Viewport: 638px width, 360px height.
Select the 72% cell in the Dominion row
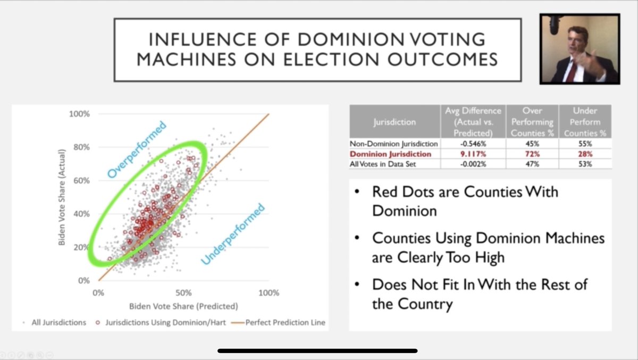[532, 154]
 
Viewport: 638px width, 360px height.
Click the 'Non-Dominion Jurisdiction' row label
[394, 144]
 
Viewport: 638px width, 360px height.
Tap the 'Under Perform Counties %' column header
[585, 122]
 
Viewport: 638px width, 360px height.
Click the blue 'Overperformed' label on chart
[137, 149]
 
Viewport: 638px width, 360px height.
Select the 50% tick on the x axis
[183, 293]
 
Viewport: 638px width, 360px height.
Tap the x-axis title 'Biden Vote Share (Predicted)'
[183, 306]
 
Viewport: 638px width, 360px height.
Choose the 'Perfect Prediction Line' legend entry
[285, 322]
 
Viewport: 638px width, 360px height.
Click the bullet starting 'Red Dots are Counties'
[465, 200]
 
